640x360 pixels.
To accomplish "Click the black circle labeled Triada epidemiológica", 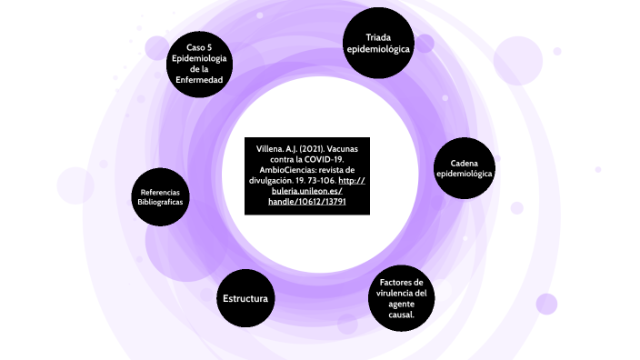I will click(x=378, y=42).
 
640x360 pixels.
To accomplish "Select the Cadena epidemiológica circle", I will click(x=465, y=168).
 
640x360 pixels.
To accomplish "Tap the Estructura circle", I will click(x=245, y=298).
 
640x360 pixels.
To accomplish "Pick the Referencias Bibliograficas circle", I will click(x=160, y=197).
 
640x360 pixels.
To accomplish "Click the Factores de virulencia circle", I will click(x=401, y=298).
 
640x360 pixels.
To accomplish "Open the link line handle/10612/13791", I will click(x=307, y=202).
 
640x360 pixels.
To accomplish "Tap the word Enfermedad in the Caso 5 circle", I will click(x=199, y=80).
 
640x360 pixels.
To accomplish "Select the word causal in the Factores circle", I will click(x=399, y=315).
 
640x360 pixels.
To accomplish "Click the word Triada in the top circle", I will click(x=378, y=36).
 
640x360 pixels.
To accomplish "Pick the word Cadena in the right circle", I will click(x=465, y=163).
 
